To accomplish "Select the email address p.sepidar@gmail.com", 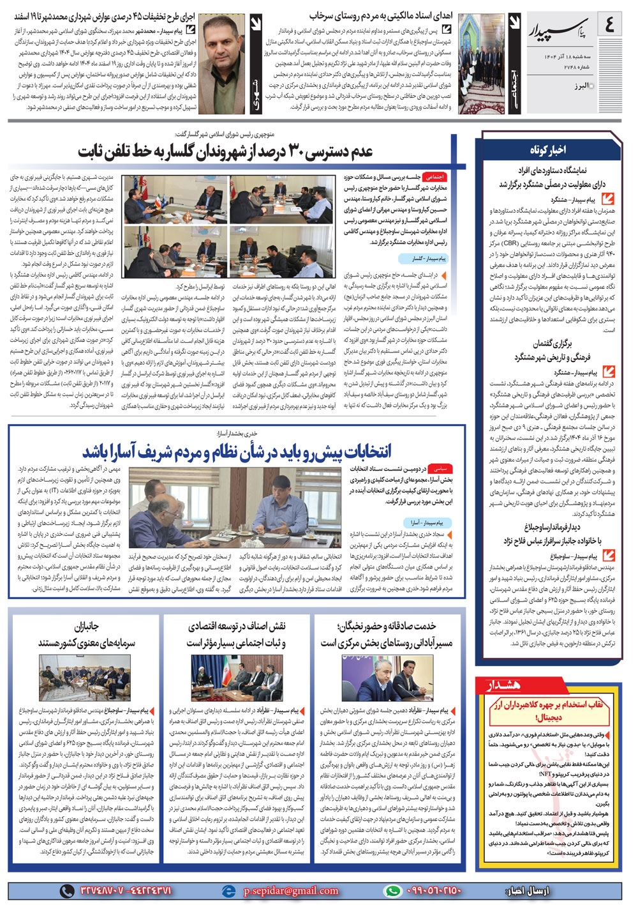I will (291, 890).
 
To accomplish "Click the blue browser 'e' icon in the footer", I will (228, 890).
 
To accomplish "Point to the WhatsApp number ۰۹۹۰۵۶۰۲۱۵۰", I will (434, 890).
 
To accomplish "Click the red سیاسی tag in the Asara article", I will (441, 469).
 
